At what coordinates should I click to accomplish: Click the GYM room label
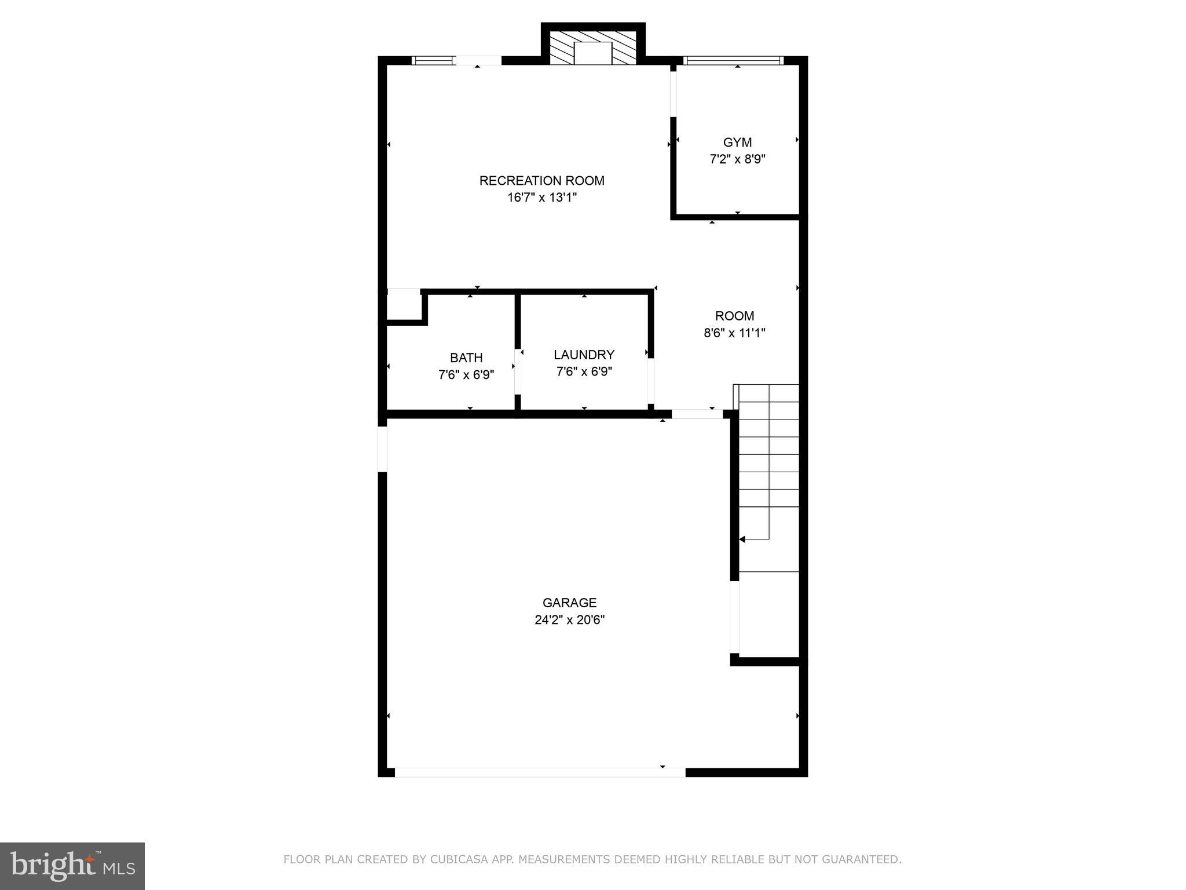737,143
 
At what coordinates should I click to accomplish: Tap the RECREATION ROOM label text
541,181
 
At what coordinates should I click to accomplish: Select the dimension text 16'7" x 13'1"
541,198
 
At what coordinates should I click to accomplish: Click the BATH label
466,358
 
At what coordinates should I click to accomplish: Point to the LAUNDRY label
584,355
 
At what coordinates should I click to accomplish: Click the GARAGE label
569,603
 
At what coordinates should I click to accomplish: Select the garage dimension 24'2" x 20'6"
569,620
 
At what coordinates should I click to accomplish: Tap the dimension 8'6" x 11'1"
734,333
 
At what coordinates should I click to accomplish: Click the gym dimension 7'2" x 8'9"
737,159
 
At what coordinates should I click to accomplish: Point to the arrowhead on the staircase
742,539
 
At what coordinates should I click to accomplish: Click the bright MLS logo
72,866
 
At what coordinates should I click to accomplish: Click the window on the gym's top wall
733,60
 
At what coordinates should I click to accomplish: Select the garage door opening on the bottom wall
540,772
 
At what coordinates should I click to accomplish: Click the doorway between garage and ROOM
697,414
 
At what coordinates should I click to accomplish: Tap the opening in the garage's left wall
382,448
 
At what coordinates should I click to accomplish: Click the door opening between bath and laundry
518,371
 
